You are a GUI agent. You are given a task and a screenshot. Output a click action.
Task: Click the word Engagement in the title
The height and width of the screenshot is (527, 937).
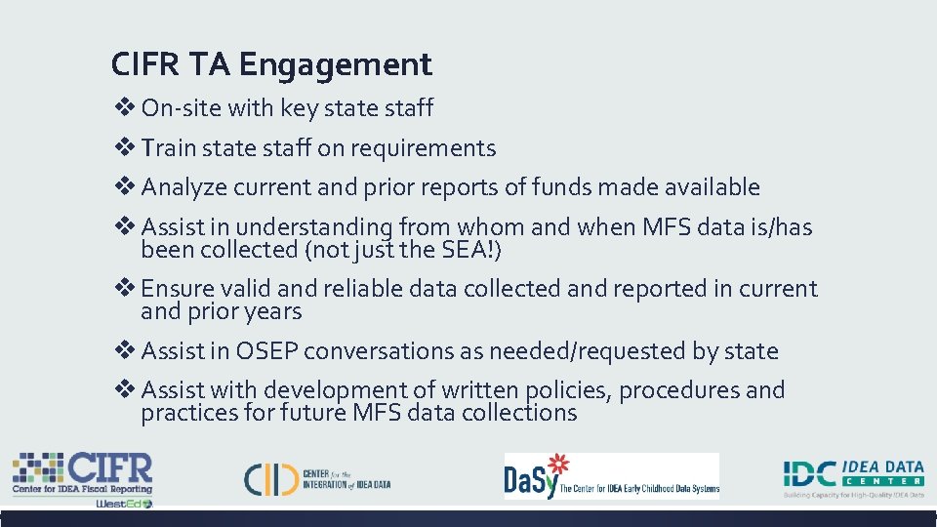click(335, 65)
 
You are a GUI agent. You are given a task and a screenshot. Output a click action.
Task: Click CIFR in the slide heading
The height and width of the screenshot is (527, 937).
click(144, 65)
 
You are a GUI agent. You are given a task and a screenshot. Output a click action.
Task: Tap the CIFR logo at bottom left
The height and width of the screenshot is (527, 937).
click(83, 478)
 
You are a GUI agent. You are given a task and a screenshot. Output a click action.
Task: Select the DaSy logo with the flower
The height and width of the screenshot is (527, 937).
click(611, 476)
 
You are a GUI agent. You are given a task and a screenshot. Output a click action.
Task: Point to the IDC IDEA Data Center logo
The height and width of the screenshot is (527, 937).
click(853, 476)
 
